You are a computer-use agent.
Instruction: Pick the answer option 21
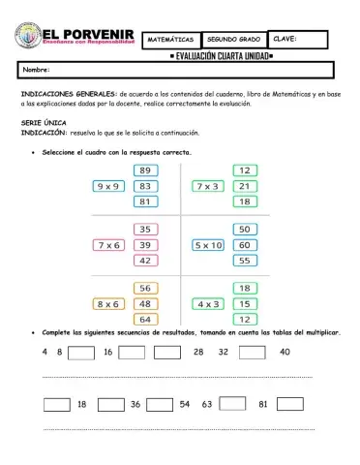(x=245, y=185)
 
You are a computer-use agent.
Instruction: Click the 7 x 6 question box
(x=108, y=245)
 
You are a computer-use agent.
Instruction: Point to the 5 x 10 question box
(x=208, y=245)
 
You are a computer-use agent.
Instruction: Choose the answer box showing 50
(x=245, y=230)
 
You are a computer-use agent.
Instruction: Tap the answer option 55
(x=245, y=261)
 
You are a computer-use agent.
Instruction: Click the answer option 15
(x=245, y=303)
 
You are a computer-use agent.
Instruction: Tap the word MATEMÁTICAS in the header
(x=169, y=40)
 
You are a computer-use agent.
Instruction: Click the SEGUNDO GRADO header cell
(x=230, y=40)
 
